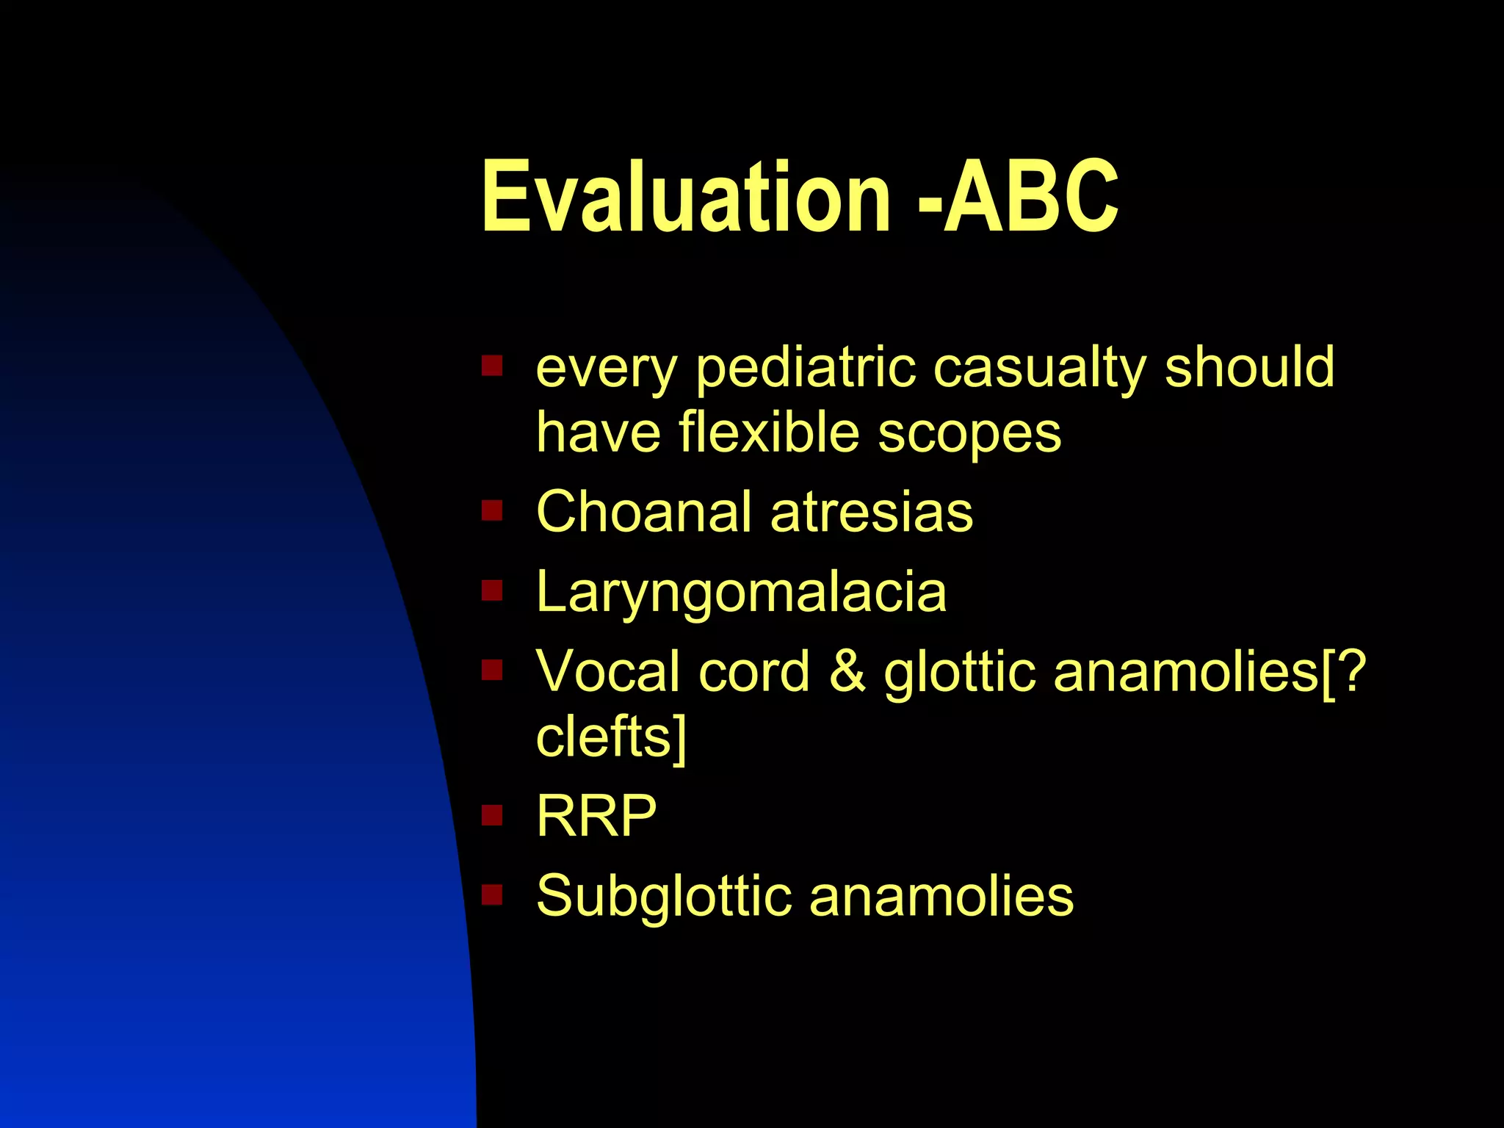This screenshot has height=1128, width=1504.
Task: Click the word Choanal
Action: coord(643,511)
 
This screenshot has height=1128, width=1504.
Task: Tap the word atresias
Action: coord(872,512)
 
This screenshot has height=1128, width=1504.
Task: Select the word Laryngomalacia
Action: coord(742,592)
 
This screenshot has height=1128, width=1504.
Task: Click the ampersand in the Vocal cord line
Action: coord(847,671)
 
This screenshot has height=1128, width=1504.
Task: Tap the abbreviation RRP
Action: coord(596,816)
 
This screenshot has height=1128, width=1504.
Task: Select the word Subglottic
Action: coord(663,897)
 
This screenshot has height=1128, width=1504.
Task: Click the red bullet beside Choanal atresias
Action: coord(491,510)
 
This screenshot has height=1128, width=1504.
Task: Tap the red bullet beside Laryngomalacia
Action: coord(491,590)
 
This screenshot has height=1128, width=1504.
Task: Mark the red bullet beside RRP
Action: coord(491,814)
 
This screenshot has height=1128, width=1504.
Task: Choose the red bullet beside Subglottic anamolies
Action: coord(491,894)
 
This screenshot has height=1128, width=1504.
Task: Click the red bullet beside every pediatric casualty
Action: coord(491,365)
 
